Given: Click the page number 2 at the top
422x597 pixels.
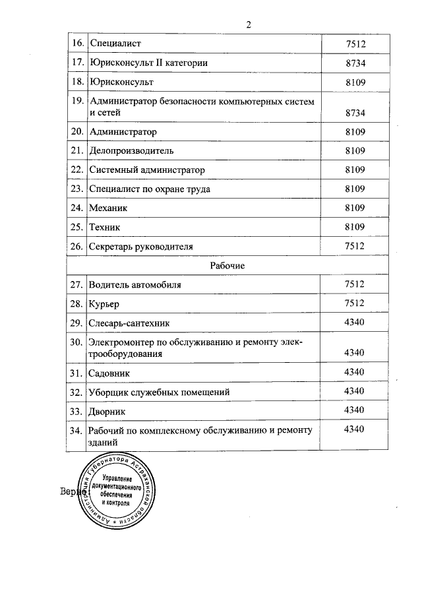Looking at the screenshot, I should [249, 25].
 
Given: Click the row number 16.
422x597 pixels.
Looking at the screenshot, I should [76, 44].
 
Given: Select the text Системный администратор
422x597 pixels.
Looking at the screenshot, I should [147, 170].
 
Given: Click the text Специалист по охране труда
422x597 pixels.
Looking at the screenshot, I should [150, 189].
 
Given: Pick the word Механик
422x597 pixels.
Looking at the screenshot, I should [108, 208].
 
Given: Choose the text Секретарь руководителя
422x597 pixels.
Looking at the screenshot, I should [141, 246].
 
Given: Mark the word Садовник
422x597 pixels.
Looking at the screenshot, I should [109, 373].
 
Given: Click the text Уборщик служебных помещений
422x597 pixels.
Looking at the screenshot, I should [159, 392].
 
